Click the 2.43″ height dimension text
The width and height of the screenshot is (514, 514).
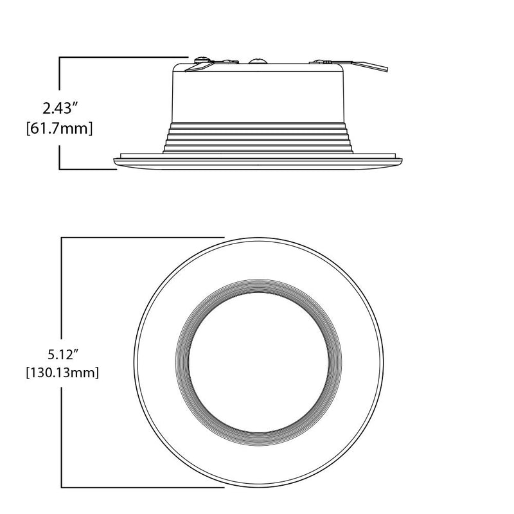coord(60,105)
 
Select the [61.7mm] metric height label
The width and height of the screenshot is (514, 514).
coord(60,128)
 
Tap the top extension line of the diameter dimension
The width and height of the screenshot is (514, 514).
coord(141,238)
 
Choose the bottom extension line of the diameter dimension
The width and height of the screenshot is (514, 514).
coord(141,487)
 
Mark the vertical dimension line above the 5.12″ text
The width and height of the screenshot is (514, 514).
coord(62,289)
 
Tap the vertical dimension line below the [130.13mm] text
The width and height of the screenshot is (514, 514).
coord(62,437)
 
